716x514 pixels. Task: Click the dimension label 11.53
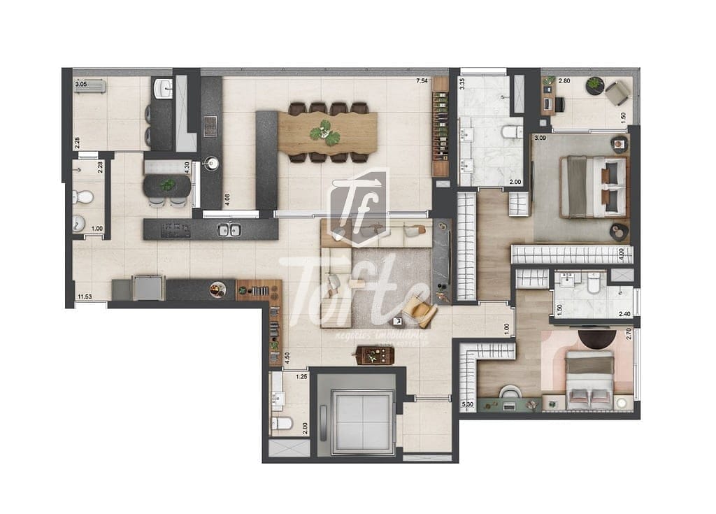point(85,297)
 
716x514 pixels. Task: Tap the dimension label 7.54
point(422,81)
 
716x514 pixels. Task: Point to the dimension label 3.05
point(81,85)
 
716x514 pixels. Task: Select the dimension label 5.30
point(468,404)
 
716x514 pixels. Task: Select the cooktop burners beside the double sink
point(176,229)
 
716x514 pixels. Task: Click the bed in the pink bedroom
point(589,380)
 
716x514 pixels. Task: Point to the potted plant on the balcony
point(594,85)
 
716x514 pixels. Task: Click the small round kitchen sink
point(210,164)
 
